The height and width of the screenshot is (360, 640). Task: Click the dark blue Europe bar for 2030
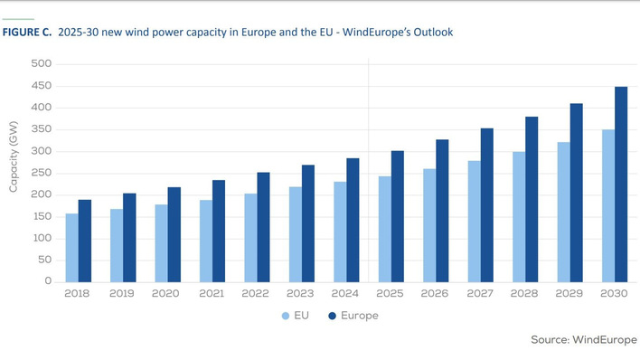(x=620, y=185)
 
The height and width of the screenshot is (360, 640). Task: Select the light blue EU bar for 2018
(x=72, y=248)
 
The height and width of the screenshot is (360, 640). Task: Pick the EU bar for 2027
(x=475, y=222)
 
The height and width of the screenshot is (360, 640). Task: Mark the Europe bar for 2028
(x=532, y=199)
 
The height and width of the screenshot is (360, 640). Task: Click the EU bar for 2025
(x=385, y=229)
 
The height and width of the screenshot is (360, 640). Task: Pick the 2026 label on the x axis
(x=436, y=294)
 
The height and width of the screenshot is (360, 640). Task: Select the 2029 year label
(x=569, y=294)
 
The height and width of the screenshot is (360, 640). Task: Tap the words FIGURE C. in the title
(x=26, y=32)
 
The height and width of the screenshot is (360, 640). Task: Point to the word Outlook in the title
(x=432, y=32)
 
